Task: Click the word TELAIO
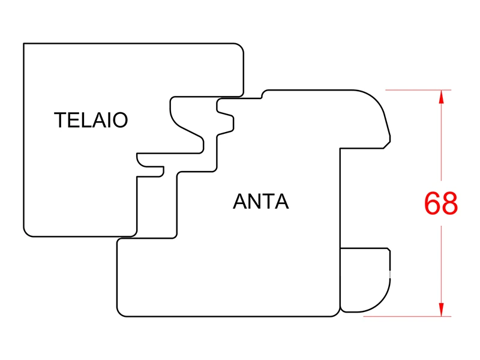[x=91, y=120]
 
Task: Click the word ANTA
[x=260, y=202]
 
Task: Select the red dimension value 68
[x=441, y=204]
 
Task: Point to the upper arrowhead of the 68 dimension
[x=442, y=97]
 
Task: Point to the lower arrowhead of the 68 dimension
[x=442, y=309]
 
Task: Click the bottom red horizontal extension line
[x=408, y=316]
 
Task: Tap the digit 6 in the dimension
[x=433, y=204]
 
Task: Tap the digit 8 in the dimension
[x=449, y=204]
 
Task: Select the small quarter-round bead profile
[x=365, y=279]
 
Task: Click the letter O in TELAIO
[x=120, y=120]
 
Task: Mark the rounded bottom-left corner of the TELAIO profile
[x=27, y=233]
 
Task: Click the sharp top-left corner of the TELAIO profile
[x=24, y=44]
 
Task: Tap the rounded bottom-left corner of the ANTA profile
[x=121, y=312]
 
